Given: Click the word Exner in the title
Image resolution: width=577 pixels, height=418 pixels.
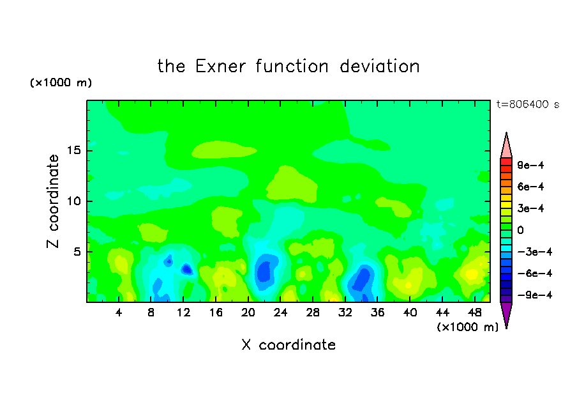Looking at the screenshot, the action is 220,66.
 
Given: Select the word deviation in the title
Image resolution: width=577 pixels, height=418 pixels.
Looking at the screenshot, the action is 379,66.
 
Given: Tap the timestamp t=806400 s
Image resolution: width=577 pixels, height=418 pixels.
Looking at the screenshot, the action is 528,104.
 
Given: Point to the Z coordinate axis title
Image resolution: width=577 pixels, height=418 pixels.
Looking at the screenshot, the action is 53,201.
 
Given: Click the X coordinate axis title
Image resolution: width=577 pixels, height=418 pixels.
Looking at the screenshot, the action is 288,344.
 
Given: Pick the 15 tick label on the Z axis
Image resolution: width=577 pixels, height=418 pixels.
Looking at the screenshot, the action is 73,150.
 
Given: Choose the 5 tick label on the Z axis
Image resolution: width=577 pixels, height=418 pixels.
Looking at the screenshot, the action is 77,252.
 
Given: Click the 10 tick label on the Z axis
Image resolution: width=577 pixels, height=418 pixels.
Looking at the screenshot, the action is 73,201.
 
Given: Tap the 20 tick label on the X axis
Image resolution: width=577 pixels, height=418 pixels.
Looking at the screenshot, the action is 248,313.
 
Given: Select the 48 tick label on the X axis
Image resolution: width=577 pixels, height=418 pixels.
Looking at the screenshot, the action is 475,313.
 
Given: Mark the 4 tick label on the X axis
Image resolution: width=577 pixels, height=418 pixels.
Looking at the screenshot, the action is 119,313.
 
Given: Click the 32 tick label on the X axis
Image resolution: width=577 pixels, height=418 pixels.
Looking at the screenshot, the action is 345,313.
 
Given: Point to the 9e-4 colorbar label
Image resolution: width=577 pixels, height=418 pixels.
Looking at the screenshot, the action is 530,165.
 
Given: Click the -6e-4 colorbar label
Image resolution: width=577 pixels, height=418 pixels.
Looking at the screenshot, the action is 535,274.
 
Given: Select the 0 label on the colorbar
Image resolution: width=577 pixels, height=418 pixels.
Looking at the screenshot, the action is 520,230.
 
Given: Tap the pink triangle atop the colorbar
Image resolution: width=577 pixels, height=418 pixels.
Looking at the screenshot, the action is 506,146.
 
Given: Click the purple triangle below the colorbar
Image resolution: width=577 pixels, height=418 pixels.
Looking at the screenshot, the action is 506,314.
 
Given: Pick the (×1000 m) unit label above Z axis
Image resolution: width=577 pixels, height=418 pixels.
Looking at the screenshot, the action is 61,82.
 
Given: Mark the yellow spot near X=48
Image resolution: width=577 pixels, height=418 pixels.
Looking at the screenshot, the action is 472,274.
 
